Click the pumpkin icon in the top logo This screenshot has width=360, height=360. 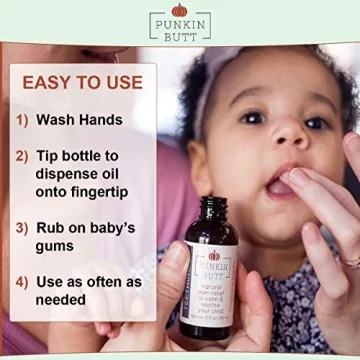pyautogui.click(x=179, y=9)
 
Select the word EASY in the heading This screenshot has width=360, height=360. pyautogui.click(x=49, y=83)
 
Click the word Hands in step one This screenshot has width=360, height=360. pyautogui.click(x=101, y=120)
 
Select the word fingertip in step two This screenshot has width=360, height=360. pyautogui.click(x=103, y=192)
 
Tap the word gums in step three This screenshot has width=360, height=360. pyautogui.click(x=57, y=246)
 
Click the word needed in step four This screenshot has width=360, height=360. pyautogui.click(x=61, y=300)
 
